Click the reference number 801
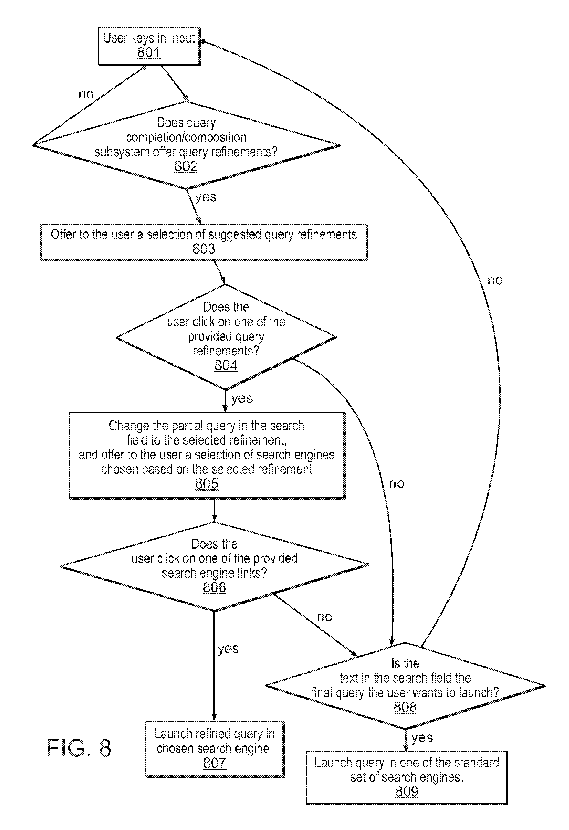pyautogui.click(x=149, y=53)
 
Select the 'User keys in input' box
pyautogui.click(x=149, y=46)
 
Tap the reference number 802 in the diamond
pyautogui.click(x=186, y=167)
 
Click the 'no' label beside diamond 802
pyautogui.click(x=86, y=94)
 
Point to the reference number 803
pyautogui.click(x=204, y=249)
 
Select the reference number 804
pyautogui.click(x=226, y=365)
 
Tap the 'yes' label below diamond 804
pyautogui.click(x=242, y=398)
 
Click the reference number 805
pyautogui.click(x=207, y=484)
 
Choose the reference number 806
pyautogui.click(x=214, y=587)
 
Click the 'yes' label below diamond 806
pyautogui.click(x=228, y=649)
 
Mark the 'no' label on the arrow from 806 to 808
pyautogui.click(x=324, y=617)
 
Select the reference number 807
pyautogui.click(x=214, y=763)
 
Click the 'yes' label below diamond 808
pyautogui.click(x=422, y=737)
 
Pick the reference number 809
pyautogui.click(x=407, y=791)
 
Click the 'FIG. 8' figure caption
pyautogui.click(x=79, y=748)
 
